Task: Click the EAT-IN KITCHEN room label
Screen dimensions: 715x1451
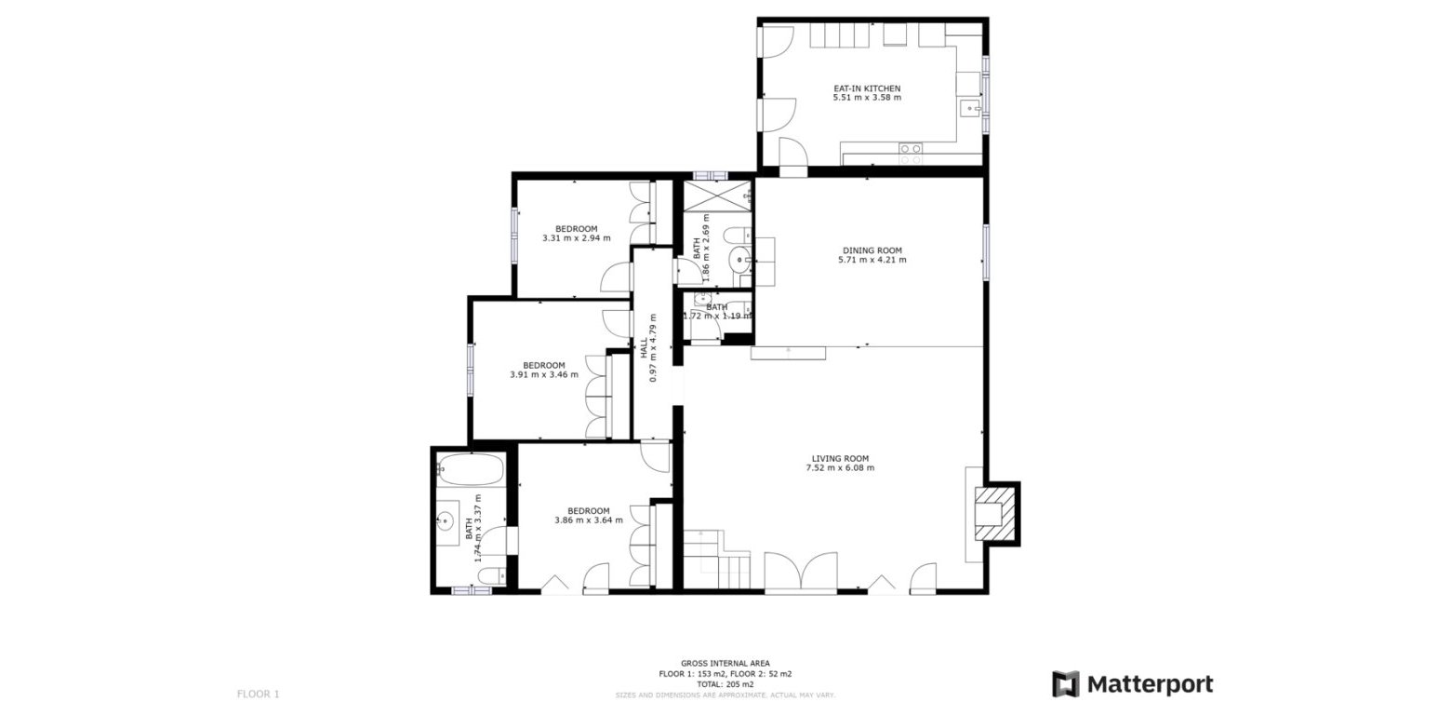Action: click(x=866, y=88)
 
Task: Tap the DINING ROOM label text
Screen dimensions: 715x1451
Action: click(x=872, y=250)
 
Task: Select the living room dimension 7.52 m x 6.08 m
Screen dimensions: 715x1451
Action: click(x=839, y=468)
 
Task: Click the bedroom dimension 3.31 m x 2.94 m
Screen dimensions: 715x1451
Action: click(x=576, y=238)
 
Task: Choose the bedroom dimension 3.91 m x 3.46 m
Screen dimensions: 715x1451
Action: click(x=543, y=375)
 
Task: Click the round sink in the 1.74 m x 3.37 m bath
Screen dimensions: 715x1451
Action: click(x=446, y=522)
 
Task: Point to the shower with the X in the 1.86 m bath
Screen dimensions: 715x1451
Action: click(x=717, y=196)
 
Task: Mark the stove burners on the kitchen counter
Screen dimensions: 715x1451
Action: click(x=911, y=149)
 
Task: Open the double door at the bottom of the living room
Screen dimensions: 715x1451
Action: click(x=801, y=573)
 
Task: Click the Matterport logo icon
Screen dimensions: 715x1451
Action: click(x=1066, y=684)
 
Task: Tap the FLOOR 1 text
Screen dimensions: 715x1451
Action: click(x=258, y=694)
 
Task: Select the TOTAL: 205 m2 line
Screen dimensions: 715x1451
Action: click(x=725, y=684)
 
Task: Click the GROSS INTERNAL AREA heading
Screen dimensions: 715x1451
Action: click(x=725, y=664)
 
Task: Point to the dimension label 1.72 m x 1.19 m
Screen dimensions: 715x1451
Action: click(x=717, y=317)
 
